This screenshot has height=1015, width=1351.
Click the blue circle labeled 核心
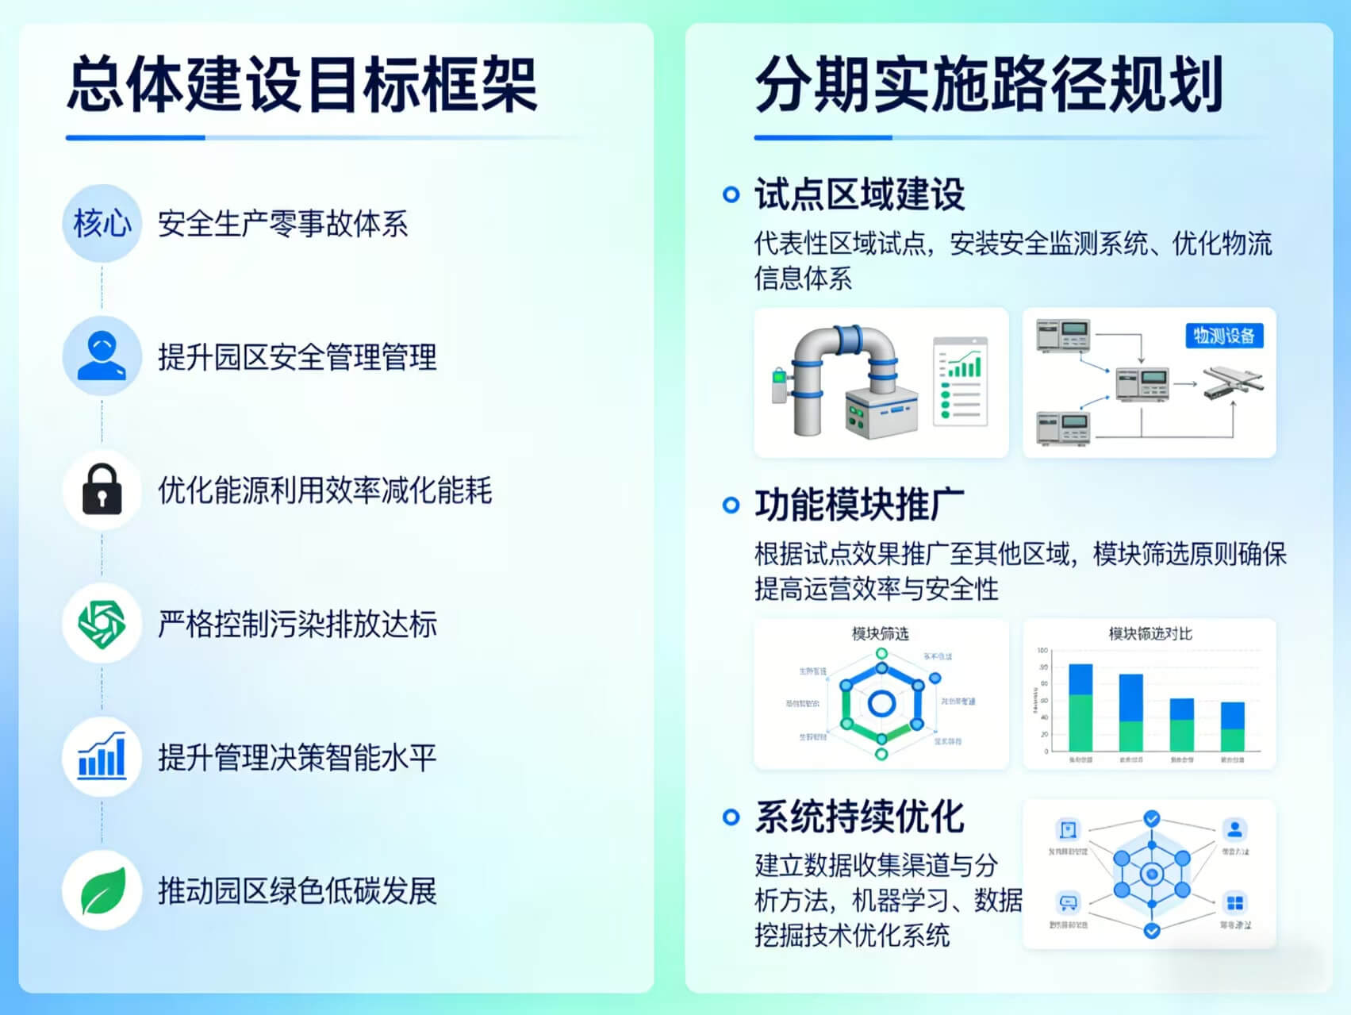pyautogui.click(x=102, y=223)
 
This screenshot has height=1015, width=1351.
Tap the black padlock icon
pyautogui.click(x=102, y=489)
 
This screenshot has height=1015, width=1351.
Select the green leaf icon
pyautogui.click(x=102, y=890)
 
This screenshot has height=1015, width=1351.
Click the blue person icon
pyautogui.click(x=102, y=356)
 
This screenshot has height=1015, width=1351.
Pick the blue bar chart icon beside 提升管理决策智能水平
pyautogui.click(x=102, y=755)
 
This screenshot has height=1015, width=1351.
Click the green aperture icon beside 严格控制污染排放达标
pyautogui.click(x=102, y=623)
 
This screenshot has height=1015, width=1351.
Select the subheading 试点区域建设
pyautogui.click(x=859, y=194)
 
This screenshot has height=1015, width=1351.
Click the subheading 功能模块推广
pyautogui.click(x=859, y=506)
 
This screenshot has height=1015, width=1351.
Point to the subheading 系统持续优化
pyautogui.click(x=859, y=817)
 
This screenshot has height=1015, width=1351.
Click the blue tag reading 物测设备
pyautogui.click(x=1223, y=336)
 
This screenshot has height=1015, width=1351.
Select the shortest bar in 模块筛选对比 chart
pyautogui.click(x=1232, y=726)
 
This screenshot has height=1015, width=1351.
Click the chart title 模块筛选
pyautogui.click(x=880, y=633)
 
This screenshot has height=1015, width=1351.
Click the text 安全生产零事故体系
pyautogui.click(x=282, y=224)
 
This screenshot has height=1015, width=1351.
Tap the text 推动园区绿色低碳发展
pyautogui.click(x=297, y=891)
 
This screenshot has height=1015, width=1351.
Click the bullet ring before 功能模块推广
pyautogui.click(x=731, y=506)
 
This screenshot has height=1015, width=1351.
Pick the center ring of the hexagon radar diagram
pyautogui.click(x=881, y=703)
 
